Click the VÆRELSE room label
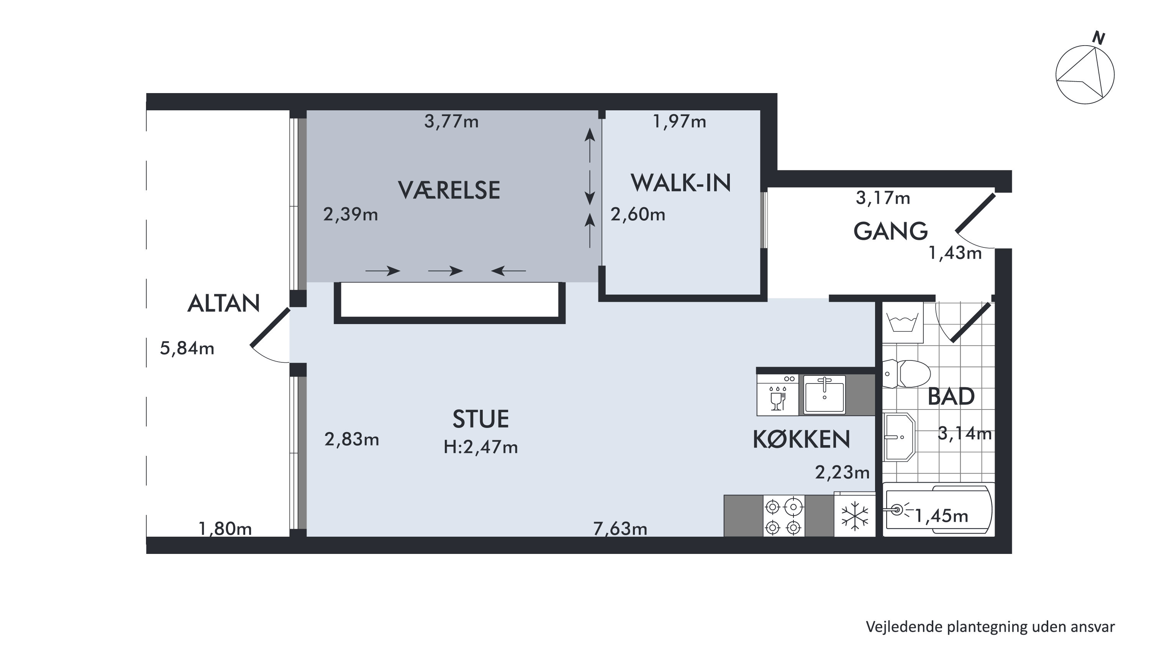point(449,190)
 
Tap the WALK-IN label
point(681,183)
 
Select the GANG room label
point(891,231)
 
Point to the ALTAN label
point(223,304)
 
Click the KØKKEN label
point(802,439)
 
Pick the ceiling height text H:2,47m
point(481,447)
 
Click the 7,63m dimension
point(620,529)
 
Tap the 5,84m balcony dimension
point(187,348)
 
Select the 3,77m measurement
point(451,121)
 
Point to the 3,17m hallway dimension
point(883,198)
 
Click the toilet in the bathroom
point(906,373)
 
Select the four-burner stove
point(784,516)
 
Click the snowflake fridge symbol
point(855,516)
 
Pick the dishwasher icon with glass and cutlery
point(777,395)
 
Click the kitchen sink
point(824,395)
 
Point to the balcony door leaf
point(270,327)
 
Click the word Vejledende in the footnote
point(904,626)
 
